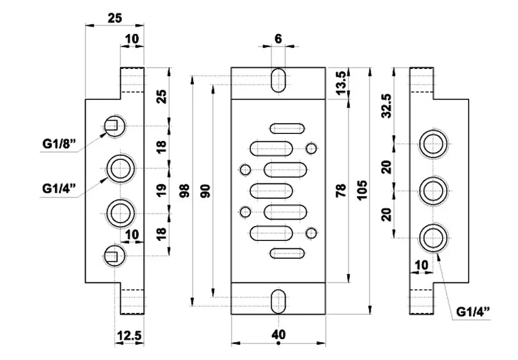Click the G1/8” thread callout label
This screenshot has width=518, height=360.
click(x=59, y=144)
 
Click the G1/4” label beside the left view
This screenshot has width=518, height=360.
click(x=59, y=189)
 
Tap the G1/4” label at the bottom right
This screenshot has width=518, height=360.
click(x=473, y=312)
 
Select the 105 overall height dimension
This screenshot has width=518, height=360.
click(x=362, y=190)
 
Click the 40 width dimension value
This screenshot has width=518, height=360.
click(x=279, y=335)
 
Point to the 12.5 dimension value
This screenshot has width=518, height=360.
click(x=129, y=336)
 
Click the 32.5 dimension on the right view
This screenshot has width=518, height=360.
click(x=386, y=106)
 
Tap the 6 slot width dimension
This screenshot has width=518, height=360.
click(x=278, y=39)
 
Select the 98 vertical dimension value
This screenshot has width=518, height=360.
click(x=184, y=190)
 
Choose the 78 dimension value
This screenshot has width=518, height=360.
click(x=341, y=190)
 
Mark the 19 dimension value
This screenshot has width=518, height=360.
click(x=161, y=190)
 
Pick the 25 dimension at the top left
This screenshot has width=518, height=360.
click(x=115, y=18)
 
